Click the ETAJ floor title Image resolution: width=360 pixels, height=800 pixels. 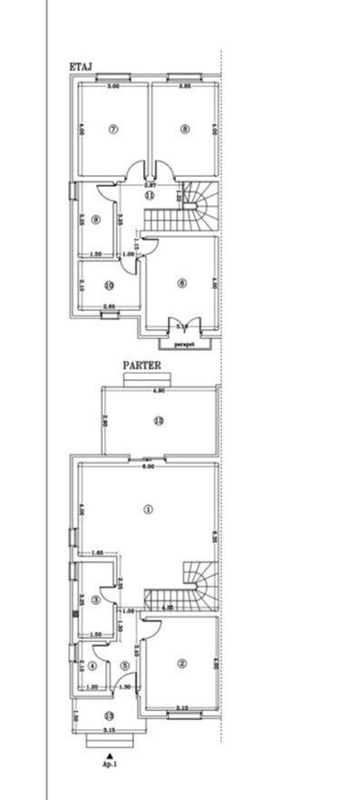83,66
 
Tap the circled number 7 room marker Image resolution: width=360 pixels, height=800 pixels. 113,129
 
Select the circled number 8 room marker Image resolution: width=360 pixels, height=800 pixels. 185,129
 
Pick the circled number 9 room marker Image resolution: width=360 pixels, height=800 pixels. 95,219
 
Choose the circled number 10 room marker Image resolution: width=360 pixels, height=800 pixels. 109,286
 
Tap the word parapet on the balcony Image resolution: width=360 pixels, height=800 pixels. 186,345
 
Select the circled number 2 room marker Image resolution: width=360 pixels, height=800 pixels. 182,663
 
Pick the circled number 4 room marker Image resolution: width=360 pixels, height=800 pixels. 92,667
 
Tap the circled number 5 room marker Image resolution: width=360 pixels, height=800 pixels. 124,667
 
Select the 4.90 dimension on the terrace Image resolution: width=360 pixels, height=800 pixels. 159,392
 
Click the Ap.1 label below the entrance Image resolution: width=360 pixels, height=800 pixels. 109,764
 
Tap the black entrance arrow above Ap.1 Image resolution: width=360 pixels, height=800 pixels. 109,754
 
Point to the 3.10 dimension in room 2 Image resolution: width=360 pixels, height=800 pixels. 181,707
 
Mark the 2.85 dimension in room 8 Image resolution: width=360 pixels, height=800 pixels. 185,86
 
